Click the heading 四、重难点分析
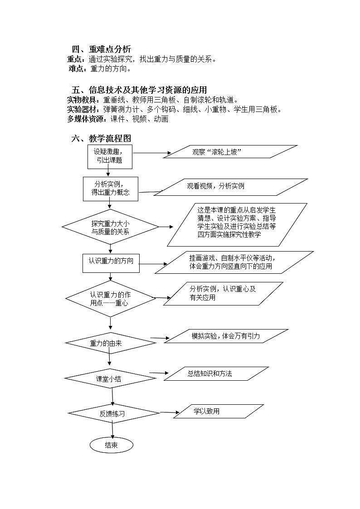102,49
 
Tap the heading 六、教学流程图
101,139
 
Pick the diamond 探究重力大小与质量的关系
110,228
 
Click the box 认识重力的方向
111,262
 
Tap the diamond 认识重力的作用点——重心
111,298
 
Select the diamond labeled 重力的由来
110,343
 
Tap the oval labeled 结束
111,445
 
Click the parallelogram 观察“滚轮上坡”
230,152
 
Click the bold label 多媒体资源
87,119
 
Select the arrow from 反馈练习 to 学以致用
169,412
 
